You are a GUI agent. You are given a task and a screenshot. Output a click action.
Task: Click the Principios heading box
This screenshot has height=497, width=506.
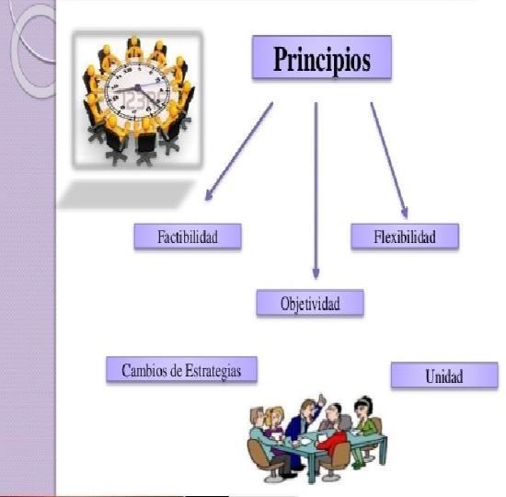[322, 57]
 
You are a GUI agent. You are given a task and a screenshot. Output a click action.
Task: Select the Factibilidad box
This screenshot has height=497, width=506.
[188, 237]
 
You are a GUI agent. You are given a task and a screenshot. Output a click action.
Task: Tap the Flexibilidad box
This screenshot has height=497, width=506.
[405, 237]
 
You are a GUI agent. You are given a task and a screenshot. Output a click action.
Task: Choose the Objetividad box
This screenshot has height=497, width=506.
[310, 303]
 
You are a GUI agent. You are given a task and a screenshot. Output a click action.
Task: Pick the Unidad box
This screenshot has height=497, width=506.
[444, 375]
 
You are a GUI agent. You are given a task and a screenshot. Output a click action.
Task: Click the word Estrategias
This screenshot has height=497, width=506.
[213, 371]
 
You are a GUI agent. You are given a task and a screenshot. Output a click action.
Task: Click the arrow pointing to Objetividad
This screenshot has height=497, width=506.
[316, 191]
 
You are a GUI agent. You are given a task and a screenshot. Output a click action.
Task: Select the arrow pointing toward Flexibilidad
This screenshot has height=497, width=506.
[389, 160]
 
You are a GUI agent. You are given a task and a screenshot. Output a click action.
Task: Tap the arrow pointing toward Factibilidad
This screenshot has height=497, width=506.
[239, 152]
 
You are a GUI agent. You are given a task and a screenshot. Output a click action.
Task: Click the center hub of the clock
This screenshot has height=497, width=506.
[138, 87]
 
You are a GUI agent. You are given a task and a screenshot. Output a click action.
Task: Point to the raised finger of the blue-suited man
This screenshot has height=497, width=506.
[321, 398]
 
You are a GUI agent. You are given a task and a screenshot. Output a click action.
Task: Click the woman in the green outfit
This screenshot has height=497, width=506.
[365, 426]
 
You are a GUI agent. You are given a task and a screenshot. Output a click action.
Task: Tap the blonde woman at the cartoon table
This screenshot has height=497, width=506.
[273, 423]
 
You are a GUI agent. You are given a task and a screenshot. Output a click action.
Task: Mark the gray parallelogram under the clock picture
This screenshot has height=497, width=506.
[127, 194]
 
